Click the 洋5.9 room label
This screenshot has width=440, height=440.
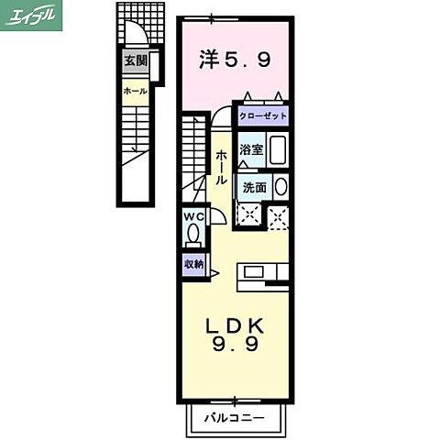[x=235, y=61]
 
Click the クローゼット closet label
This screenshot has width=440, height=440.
[x=264, y=116]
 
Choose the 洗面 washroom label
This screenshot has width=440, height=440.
[x=255, y=187]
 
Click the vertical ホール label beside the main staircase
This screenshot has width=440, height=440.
[x=221, y=169]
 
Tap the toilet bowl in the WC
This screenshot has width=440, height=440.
[x=192, y=234]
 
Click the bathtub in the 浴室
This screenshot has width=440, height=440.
[x=278, y=149]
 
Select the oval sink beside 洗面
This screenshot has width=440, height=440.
[x=280, y=187]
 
